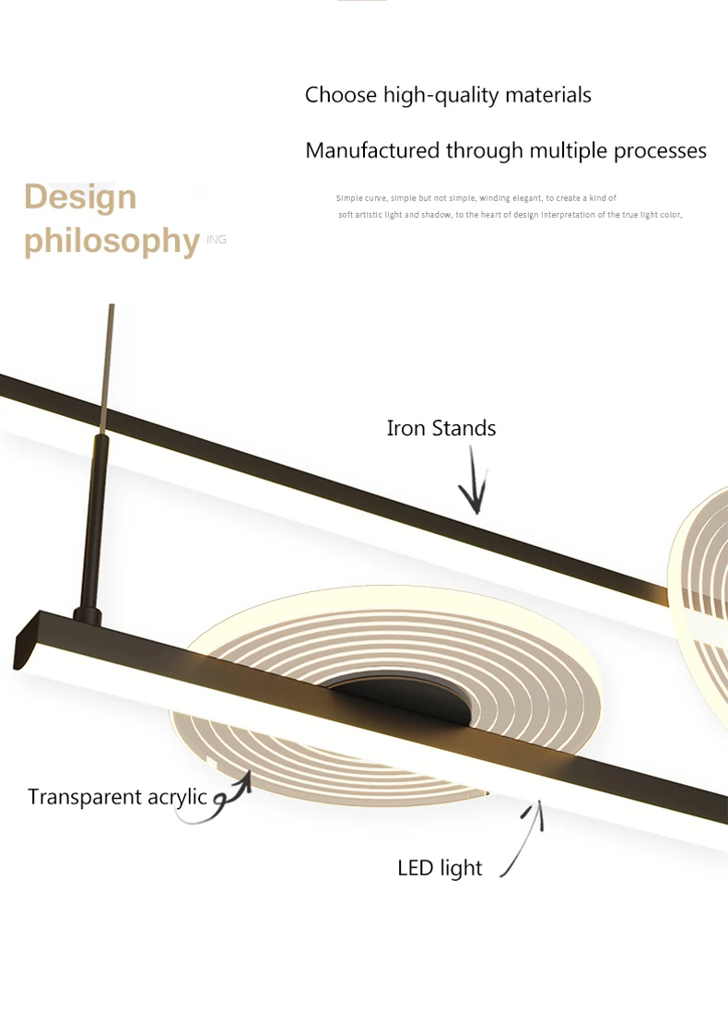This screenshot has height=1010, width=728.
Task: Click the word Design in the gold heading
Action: pos(80,197)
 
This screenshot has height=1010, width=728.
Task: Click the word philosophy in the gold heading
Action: pos(112,241)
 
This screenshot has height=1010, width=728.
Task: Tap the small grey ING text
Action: pos(217,240)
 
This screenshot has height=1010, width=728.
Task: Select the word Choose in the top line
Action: pos(341,95)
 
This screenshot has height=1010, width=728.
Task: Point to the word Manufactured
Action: pos(372,150)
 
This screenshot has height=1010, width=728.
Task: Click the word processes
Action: pos(660,151)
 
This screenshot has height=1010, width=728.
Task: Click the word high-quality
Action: pos(440,95)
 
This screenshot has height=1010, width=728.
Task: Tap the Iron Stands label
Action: pos(440,428)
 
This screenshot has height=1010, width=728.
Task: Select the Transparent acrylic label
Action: pos(117,798)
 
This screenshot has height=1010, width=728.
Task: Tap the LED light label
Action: pos(440,868)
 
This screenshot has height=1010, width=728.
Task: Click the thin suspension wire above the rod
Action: pos(108,369)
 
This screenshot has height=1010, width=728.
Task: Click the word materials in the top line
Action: pos(547,95)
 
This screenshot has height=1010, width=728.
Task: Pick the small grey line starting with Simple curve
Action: pos(476,198)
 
